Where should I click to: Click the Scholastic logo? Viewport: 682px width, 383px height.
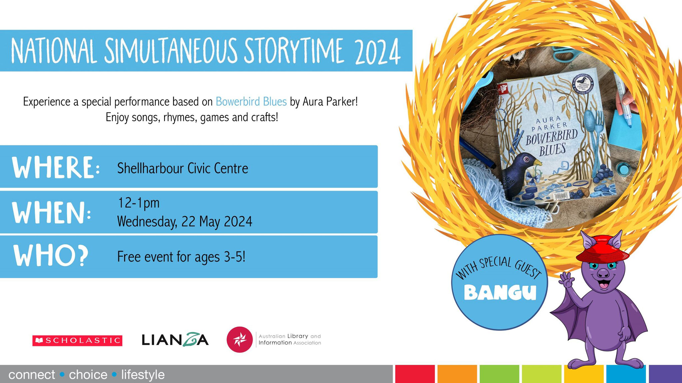[x=77, y=340]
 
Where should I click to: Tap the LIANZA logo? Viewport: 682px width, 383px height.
[x=175, y=339]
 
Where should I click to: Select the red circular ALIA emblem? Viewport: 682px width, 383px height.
[x=239, y=339]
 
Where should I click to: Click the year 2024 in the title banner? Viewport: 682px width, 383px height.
[x=377, y=52]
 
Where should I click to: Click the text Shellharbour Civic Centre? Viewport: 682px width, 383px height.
[x=182, y=168]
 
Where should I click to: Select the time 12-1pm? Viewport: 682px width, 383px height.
[x=139, y=203]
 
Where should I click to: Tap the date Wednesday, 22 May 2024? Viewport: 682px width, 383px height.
[x=184, y=221]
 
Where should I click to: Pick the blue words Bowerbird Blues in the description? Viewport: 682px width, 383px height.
[x=251, y=102]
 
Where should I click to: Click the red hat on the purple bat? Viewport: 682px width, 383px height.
[x=602, y=248]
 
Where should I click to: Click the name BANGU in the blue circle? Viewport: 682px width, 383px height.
[x=500, y=293]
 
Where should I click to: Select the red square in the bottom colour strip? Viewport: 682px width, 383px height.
[x=415, y=374]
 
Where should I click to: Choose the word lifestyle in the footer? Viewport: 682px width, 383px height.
[x=143, y=375]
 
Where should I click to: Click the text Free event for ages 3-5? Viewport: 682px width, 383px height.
[x=181, y=257]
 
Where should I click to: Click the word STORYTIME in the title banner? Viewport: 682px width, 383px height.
[x=293, y=52]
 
